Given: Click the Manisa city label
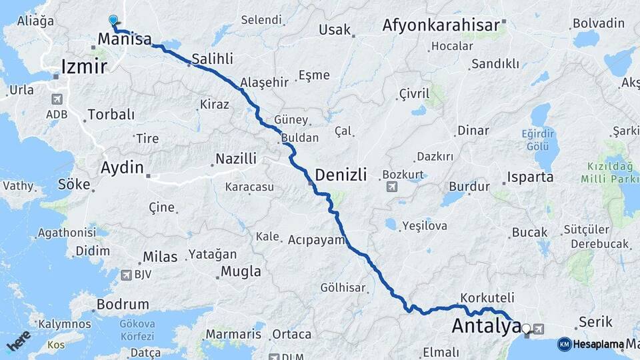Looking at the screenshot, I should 124,39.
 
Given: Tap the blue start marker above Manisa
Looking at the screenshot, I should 113,21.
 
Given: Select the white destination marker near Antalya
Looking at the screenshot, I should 527,328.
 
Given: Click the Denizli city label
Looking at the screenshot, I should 341,175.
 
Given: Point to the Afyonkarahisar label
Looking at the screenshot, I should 441,26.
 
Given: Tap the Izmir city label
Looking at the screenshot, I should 83,67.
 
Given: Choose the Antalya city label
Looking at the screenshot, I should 486,327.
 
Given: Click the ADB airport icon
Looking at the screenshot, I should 57,99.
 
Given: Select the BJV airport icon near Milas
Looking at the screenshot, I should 127,275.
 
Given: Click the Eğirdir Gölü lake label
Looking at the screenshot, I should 537,139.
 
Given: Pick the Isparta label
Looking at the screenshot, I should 531,177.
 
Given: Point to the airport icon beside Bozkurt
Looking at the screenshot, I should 391,186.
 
